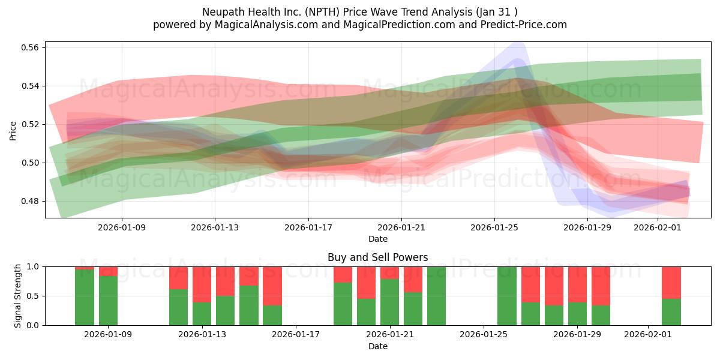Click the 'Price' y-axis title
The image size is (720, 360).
pos(13,130)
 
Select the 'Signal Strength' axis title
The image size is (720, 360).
pos(18,295)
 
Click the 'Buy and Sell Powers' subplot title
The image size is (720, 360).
pos(377,257)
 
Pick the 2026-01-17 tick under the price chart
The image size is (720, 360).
pos(308,228)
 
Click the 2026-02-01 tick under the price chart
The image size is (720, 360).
pos(658,228)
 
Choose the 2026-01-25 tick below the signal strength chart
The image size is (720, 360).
pos(484,335)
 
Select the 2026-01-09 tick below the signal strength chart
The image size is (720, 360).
pos(108,335)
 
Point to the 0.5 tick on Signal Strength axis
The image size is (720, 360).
pos(34,296)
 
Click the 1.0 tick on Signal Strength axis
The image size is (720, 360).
pos(34,266)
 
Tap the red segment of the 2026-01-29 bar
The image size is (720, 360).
pos(577,284)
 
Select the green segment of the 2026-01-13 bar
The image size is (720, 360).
pos(202,314)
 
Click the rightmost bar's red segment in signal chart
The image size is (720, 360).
pos(671,282)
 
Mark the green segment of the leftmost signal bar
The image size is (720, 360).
pos(85,297)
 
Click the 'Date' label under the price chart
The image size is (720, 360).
pos(377,239)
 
